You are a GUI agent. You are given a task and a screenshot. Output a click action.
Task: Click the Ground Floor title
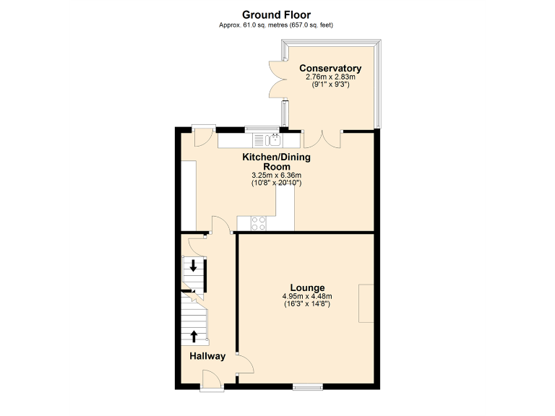coord(276,14)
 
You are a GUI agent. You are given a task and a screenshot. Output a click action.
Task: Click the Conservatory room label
coord(330,69)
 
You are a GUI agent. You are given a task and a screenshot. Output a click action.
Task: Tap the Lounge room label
coord(308,287)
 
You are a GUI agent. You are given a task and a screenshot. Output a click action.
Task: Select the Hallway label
coord(207,356)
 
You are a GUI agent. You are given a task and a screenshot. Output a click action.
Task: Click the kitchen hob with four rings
coord(258,223)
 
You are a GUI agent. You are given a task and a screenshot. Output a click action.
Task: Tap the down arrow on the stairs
coord(193,264)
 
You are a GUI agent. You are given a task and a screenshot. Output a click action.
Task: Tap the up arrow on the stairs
coord(193,334)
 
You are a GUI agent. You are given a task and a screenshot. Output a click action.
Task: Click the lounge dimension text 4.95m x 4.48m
coord(308,296)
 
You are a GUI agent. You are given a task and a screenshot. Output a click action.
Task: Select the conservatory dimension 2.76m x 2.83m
coord(330,77)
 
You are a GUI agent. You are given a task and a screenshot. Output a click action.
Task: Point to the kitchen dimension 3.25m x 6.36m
coord(276,175)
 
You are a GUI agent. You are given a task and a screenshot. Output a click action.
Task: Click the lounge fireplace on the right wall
coord(366,303)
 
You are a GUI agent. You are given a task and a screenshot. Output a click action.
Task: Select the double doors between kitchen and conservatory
coord(322,137)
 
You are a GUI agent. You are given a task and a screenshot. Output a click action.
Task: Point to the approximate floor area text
coord(276,25)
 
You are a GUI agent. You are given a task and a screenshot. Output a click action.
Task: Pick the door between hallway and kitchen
coord(220,225)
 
